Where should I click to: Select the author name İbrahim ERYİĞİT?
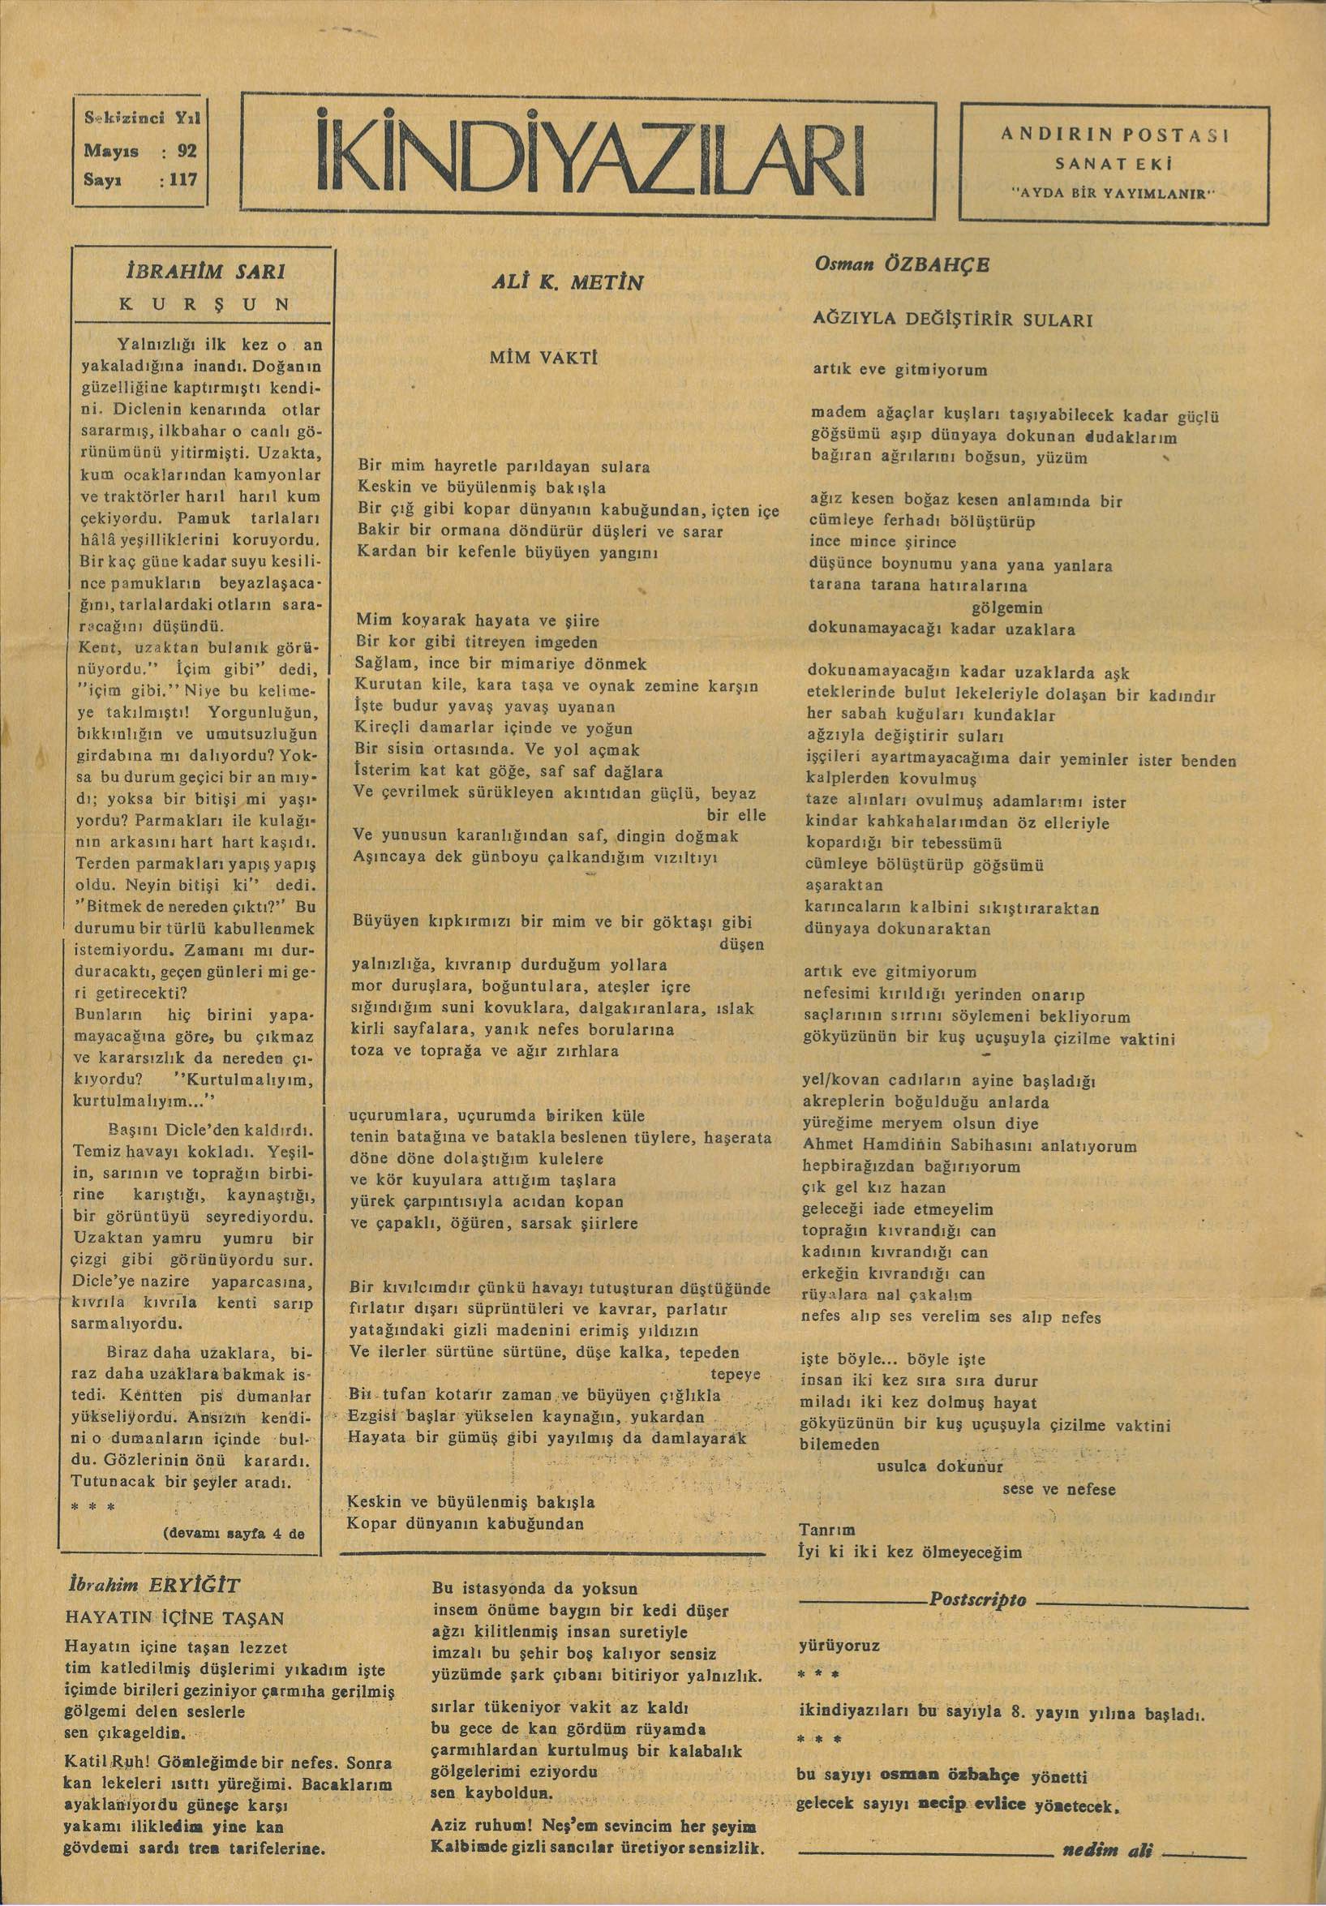pos(154,1584)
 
